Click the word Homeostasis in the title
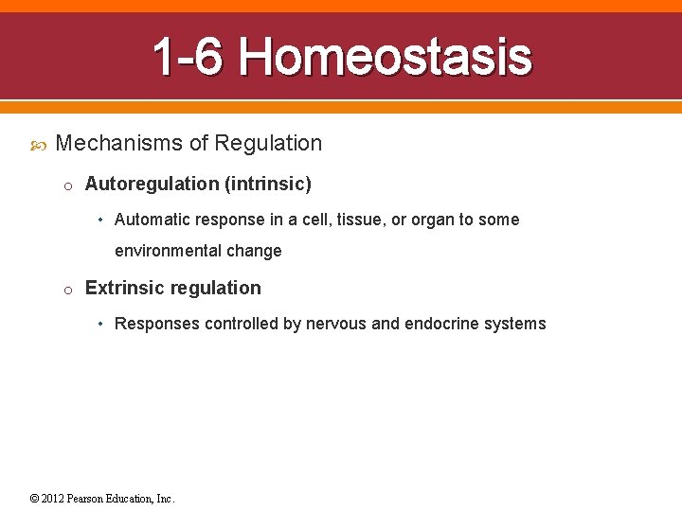tap(385, 57)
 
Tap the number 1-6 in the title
tap(188, 57)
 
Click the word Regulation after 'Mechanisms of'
tap(268, 144)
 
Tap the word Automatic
tap(149, 220)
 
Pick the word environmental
tap(165, 251)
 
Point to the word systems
tap(515, 324)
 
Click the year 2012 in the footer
tap(53, 499)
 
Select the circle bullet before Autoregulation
tap(68, 185)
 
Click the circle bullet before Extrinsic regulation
tap(68, 290)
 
